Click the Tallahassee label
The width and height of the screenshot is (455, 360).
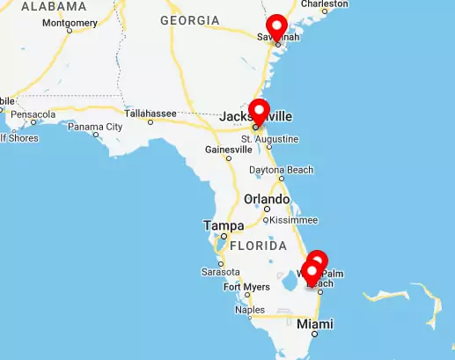[150, 113]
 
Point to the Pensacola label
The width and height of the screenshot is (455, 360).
[33, 114]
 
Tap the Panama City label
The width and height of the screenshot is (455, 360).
[95, 127]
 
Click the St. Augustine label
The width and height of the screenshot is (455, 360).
[269, 139]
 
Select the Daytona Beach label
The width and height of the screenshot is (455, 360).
[281, 169]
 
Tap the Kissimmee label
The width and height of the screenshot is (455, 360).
[293, 219]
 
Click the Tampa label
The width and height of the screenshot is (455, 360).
[224, 226]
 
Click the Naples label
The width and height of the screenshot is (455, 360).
[250, 310]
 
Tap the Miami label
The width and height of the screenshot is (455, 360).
[315, 324]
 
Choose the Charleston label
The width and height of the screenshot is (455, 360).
[325, 4]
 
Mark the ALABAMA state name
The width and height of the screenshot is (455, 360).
[54, 6]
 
